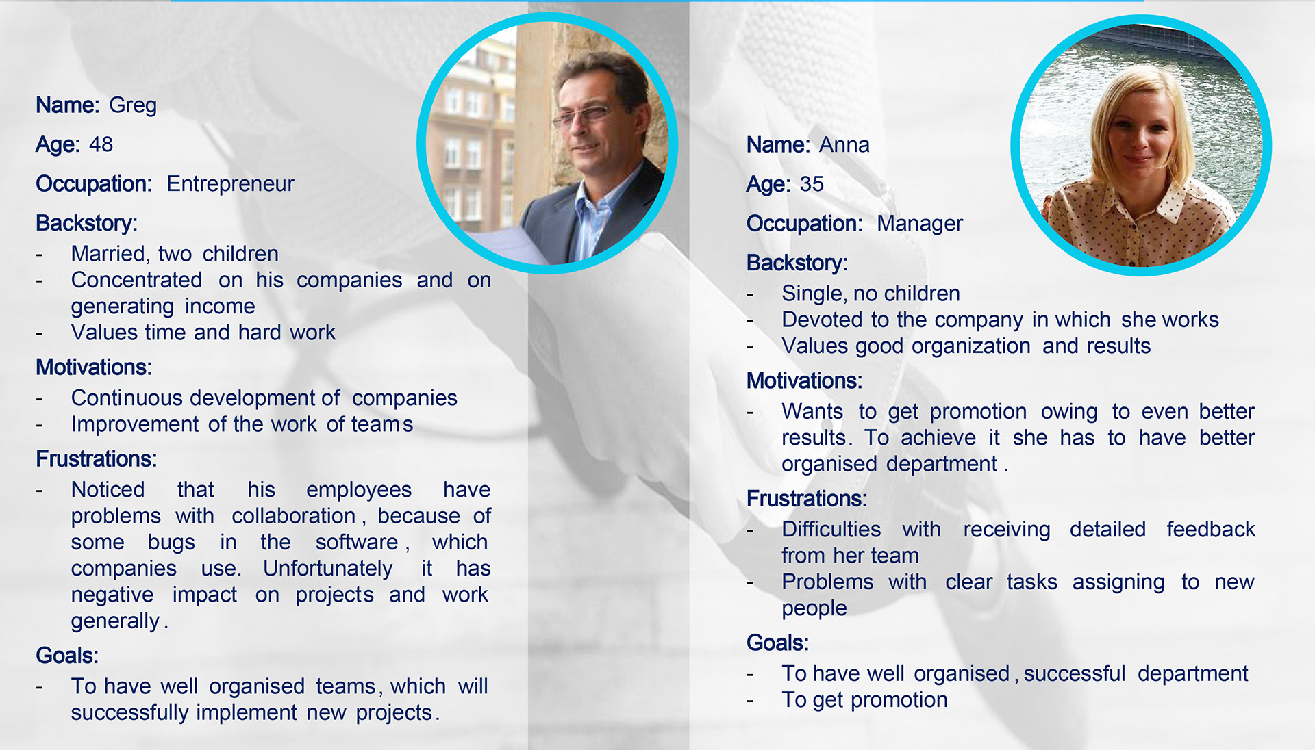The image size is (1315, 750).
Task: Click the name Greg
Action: pos(133,106)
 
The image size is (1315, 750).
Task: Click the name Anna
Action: pos(844,145)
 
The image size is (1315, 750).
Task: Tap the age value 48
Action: pos(101,144)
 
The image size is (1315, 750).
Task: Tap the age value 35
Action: pos(812,184)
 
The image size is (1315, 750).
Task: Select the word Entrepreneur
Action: pos(230,184)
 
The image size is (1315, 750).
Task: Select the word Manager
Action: pos(920,224)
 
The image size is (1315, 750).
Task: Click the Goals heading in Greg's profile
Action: pos(67,656)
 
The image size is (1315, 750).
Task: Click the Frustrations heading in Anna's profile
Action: pos(807,499)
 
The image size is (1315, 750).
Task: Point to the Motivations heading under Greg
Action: pos(94,367)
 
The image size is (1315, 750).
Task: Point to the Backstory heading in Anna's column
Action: pos(797,263)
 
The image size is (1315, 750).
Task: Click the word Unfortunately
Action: pos(328,569)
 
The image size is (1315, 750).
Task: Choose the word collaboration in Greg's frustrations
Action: pos(293,516)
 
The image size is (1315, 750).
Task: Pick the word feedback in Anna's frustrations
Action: pos(1211,530)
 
